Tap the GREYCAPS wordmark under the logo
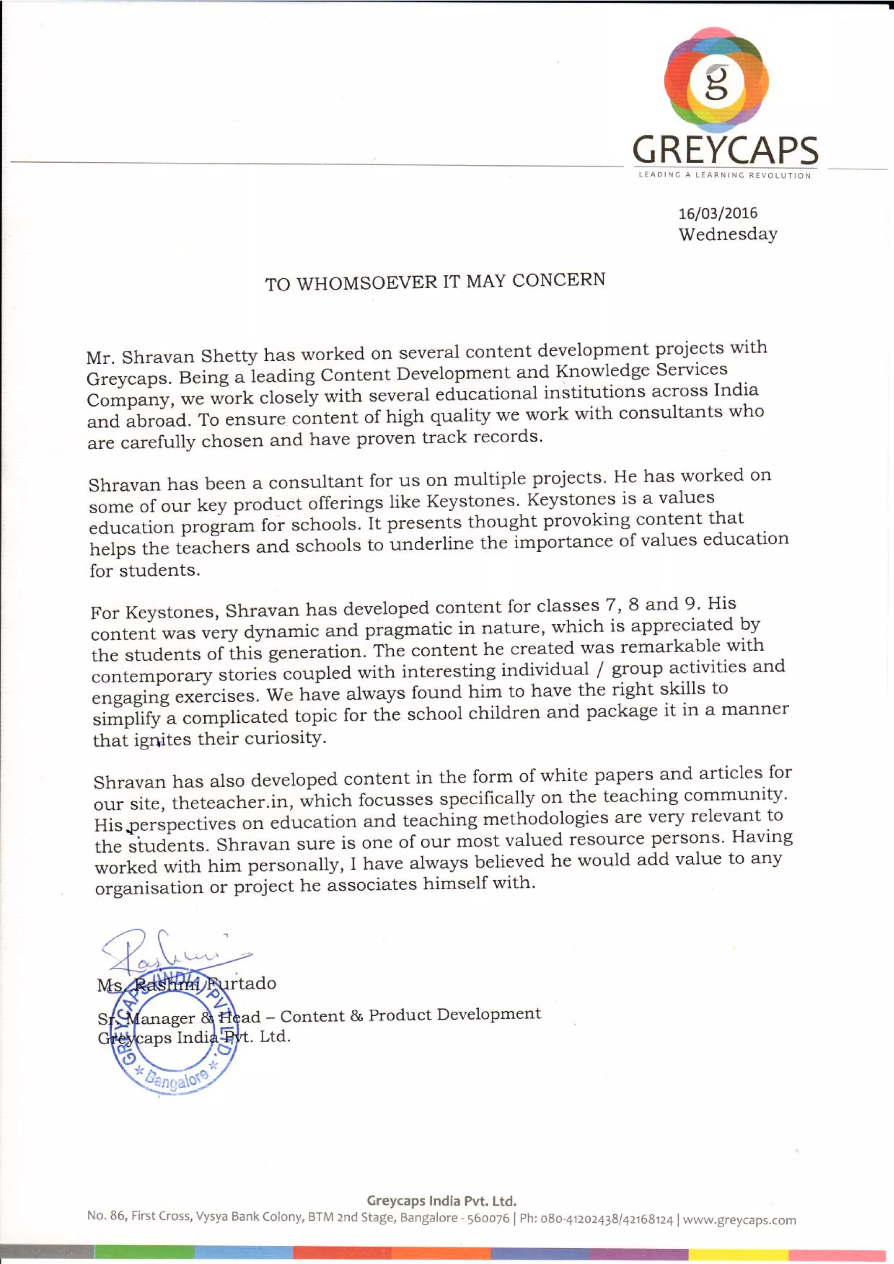point(725,150)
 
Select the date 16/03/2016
point(718,213)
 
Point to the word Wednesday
point(728,234)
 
